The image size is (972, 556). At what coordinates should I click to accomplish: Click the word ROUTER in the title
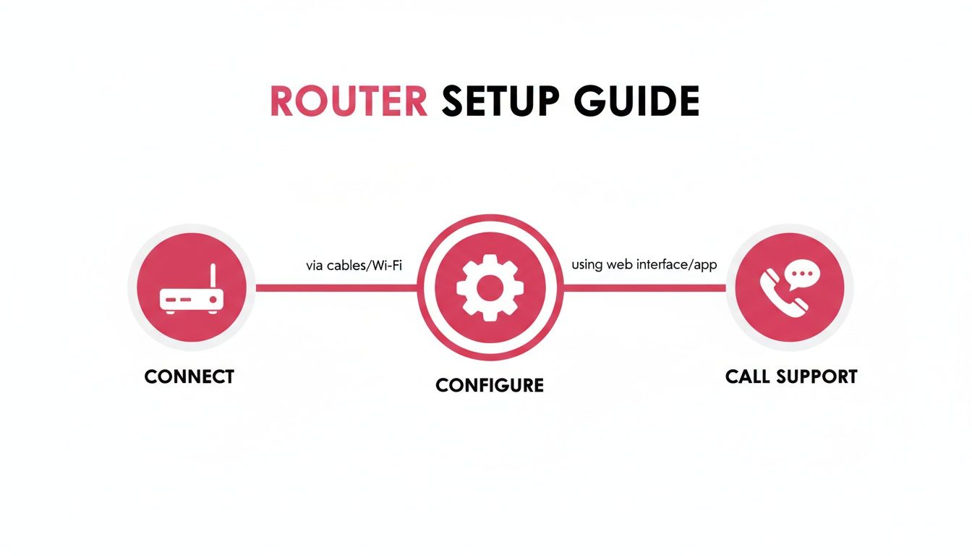(348, 101)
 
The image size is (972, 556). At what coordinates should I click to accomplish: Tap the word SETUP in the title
(500, 101)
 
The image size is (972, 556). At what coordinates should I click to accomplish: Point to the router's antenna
(213, 277)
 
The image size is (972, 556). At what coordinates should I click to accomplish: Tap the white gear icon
(490, 287)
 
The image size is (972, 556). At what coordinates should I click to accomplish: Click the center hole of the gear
(490, 287)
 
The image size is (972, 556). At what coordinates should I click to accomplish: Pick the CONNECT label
(189, 376)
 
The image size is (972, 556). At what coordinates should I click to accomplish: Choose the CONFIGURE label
(490, 385)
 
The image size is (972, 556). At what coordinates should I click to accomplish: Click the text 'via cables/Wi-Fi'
(354, 266)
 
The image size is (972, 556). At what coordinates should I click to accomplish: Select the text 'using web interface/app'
(644, 265)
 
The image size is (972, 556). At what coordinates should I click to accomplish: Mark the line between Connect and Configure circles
(336, 287)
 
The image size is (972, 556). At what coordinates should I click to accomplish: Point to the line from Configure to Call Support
(644, 287)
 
